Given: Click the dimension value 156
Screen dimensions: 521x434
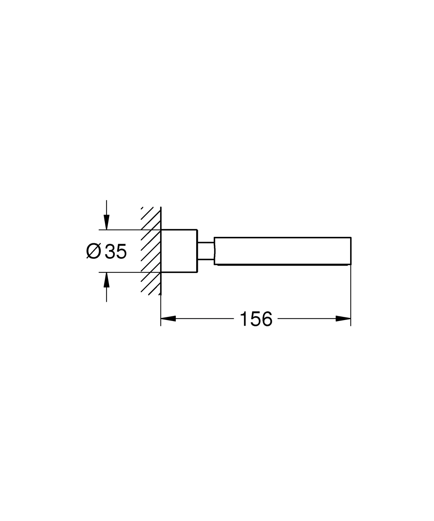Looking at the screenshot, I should (x=256, y=319).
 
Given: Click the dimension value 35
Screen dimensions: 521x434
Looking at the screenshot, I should (x=116, y=252).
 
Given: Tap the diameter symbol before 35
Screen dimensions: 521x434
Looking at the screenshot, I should (x=94, y=252).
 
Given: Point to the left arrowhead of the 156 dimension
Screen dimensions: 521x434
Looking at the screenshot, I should (x=168, y=319).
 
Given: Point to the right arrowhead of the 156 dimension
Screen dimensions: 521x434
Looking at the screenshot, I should (x=343, y=319).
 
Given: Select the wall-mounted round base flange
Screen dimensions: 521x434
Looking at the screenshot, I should (x=179, y=251).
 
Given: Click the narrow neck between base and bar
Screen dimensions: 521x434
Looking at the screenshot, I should (x=206, y=251).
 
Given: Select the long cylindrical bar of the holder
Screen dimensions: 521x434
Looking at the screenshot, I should (x=282, y=251).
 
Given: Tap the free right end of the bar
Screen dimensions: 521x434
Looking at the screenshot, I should (x=351, y=251).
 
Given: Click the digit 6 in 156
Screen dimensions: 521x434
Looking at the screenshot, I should (x=266, y=319).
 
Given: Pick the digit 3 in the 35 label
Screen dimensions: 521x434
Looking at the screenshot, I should (x=110, y=252).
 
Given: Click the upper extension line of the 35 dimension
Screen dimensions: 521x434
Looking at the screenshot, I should (x=119, y=230).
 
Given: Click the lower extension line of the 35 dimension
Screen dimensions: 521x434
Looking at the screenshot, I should (x=119, y=272).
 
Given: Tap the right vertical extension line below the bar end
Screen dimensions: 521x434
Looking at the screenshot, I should (x=351, y=293).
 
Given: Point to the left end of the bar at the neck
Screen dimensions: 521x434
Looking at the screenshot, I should (x=215, y=251).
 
